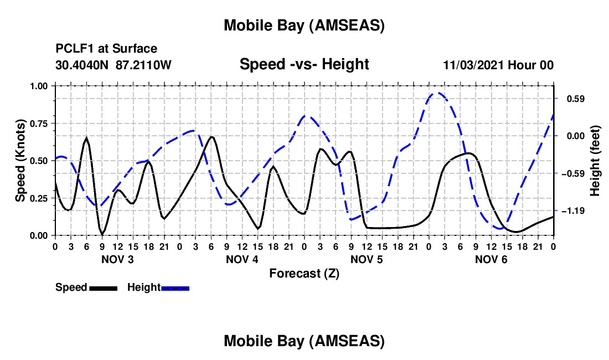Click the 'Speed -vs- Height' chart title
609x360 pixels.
[304, 64]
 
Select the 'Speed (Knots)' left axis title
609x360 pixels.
[20, 161]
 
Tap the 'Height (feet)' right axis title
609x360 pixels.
[596, 160]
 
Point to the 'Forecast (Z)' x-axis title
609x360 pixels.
[304, 273]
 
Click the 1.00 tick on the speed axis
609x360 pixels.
[38, 86]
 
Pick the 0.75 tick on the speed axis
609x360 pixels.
[38, 123]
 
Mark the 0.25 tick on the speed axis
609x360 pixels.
[38, 198]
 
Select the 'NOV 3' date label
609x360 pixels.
[117, 259]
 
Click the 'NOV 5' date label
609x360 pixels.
[366, 259]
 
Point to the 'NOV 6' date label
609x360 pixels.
[491, 259]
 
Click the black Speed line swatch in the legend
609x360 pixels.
[104, 287]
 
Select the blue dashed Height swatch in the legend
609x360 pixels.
[176, 287]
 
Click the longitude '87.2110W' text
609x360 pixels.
[144, 65]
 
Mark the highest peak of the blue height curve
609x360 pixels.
[437, 92]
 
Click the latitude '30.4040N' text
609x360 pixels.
[82, 65]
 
